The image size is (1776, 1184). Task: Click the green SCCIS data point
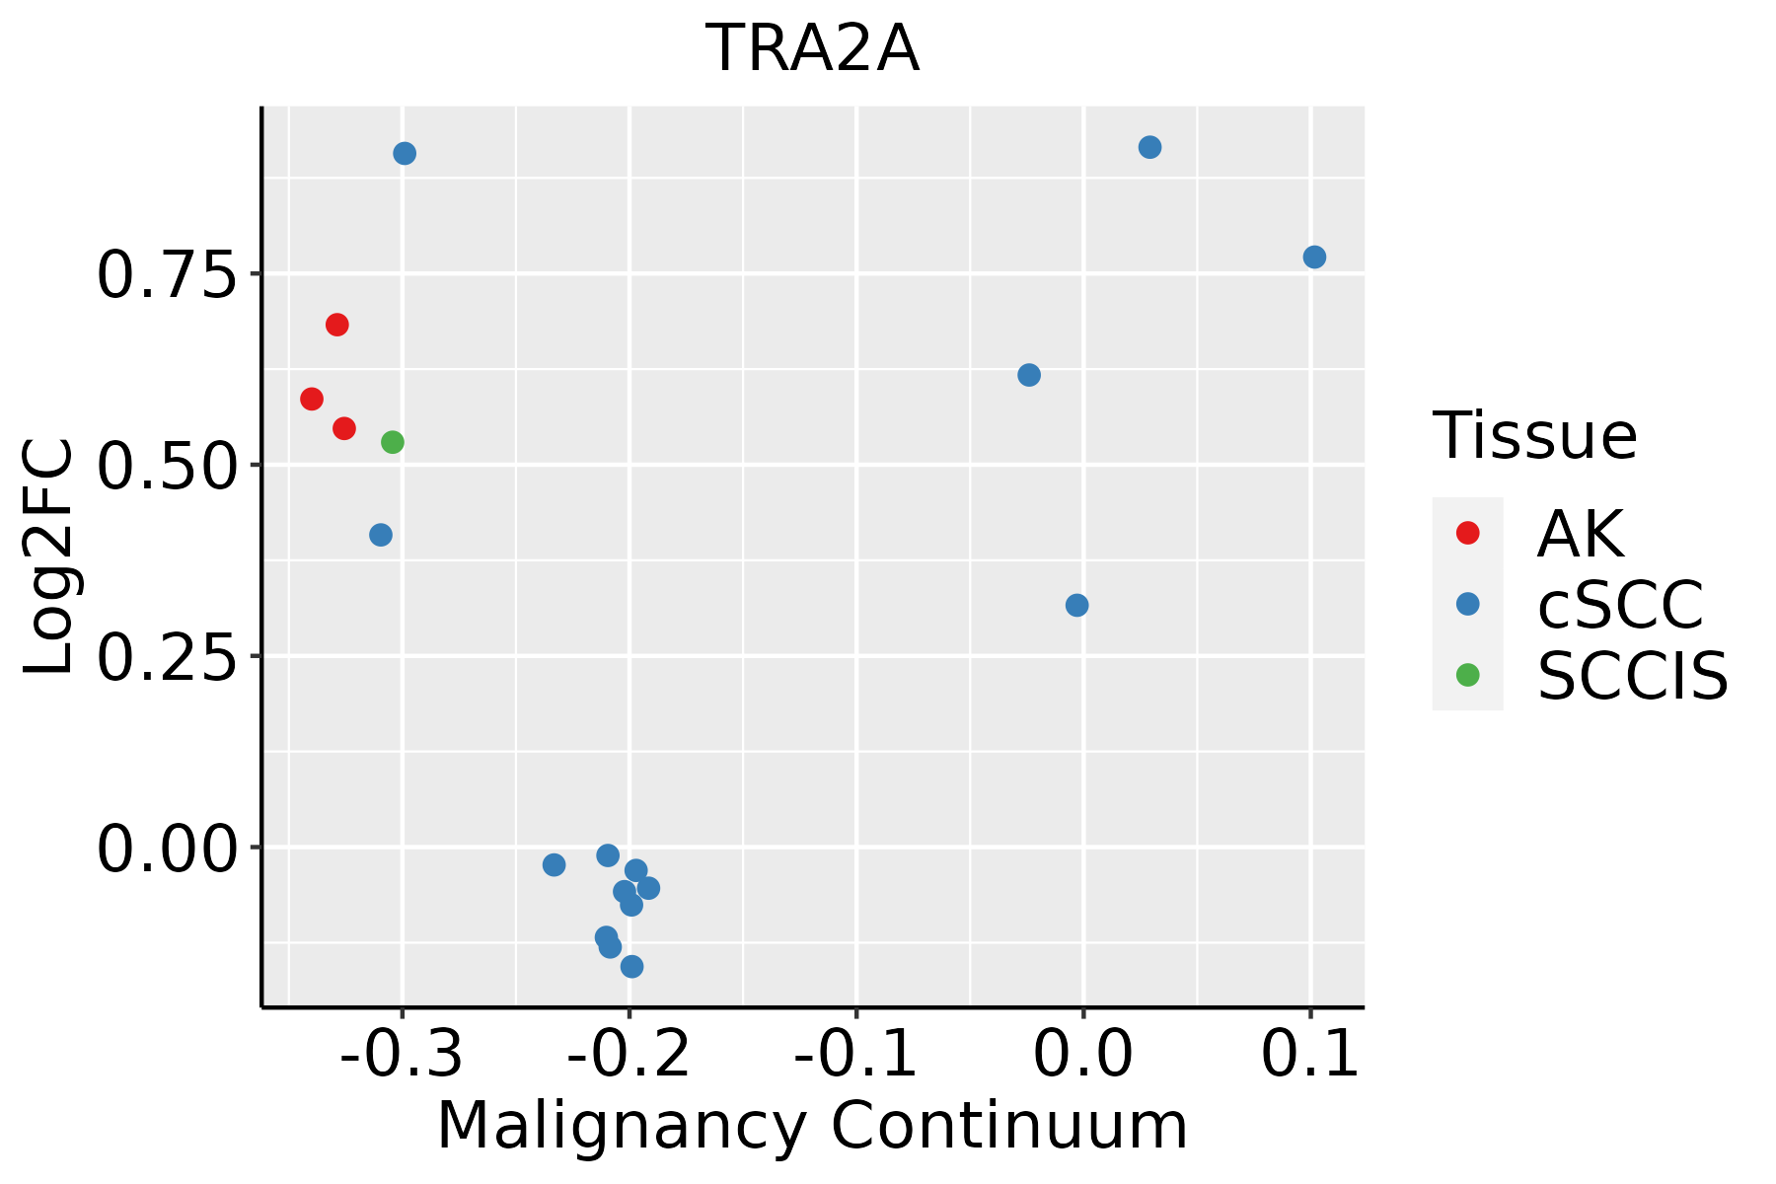(x=393, y=442)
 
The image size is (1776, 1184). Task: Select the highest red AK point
(x=337, y=325)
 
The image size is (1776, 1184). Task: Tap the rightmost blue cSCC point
(x=1314, y=258)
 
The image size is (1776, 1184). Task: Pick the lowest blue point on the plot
(x=632, y=966)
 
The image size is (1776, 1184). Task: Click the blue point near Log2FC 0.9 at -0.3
(x=405, y=153)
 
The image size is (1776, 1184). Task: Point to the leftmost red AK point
(x=312, y=399)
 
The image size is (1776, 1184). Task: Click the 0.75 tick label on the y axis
(x=167, y=276)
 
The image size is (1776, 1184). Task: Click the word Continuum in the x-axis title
(x=1008, y=1126)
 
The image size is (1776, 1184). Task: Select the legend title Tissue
(x=1534, y=435)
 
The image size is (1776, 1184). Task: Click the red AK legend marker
(x=1467, y=533)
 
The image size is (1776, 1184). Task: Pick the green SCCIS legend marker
(x=1467, y=675)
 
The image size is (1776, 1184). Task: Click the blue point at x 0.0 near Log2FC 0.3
(x=1077, y=605)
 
